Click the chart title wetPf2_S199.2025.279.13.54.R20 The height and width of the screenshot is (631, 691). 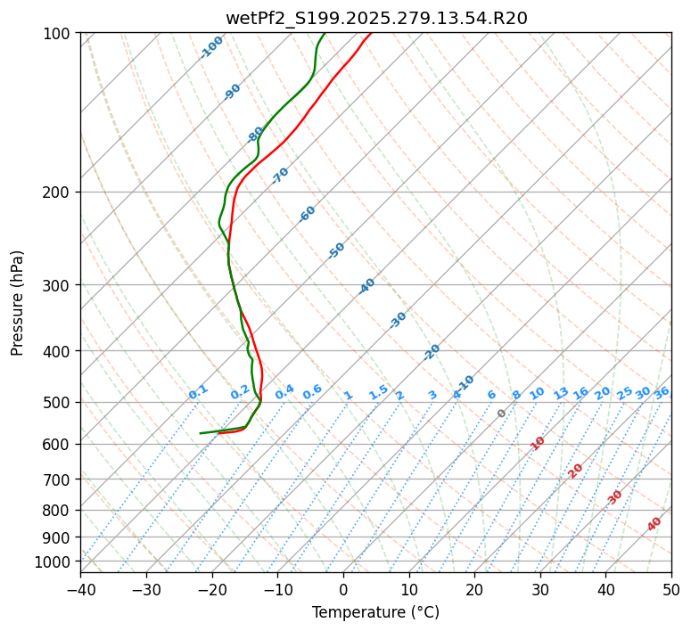376,17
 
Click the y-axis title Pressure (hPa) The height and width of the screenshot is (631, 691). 18,303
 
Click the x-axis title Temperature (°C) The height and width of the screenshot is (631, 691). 375,612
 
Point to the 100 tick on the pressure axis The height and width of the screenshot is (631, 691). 58,33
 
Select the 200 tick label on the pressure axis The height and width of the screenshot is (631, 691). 58,192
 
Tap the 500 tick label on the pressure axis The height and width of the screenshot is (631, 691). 58,402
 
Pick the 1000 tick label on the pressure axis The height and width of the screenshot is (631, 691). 54,561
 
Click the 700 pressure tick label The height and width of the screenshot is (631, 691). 58,479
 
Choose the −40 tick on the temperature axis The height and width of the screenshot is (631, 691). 80,589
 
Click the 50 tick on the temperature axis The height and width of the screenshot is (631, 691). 671,589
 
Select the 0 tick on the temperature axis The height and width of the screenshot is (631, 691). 343,589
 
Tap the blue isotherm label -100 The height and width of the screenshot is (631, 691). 211,47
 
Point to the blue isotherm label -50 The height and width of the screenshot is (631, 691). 336,250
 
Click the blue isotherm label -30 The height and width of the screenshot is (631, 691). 399,320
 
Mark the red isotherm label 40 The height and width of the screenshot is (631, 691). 654,524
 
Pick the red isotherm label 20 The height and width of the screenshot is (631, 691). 576,470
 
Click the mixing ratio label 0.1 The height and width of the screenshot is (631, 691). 198,391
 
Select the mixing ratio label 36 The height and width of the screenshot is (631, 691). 662,392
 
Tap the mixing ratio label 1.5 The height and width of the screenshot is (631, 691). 378,391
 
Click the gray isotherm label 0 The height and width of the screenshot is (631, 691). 502,414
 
